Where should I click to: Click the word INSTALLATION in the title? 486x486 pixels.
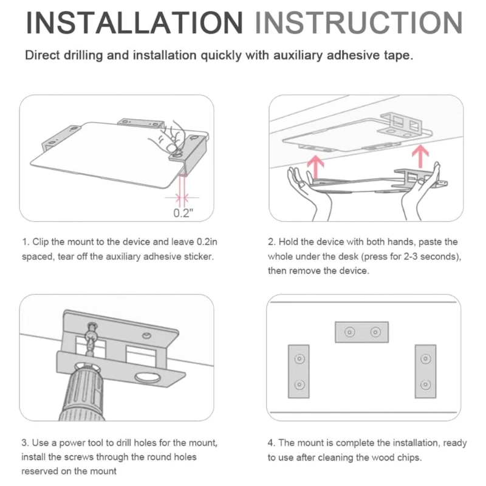[x=134, y=22]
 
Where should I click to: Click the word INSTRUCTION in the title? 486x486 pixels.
[x=359, y=22]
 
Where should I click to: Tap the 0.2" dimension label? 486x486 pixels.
[x=183, y=213]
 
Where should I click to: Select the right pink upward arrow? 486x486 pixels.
[x=420, y=156]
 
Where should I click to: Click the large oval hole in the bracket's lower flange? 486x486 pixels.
[x=148, y=377]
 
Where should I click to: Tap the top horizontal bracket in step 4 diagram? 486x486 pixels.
[x=361, y=332]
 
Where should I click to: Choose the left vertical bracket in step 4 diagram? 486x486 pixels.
[x=299, y=371]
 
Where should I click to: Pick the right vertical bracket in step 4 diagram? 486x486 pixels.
[x=426, y=371]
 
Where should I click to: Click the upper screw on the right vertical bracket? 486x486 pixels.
[x=426, y=359]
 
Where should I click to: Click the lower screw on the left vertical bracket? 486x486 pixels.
[x=299, y=385]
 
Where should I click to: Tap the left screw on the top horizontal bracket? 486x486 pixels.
[x=350, y=332]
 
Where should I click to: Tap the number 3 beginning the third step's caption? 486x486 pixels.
[x=24, y=443]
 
